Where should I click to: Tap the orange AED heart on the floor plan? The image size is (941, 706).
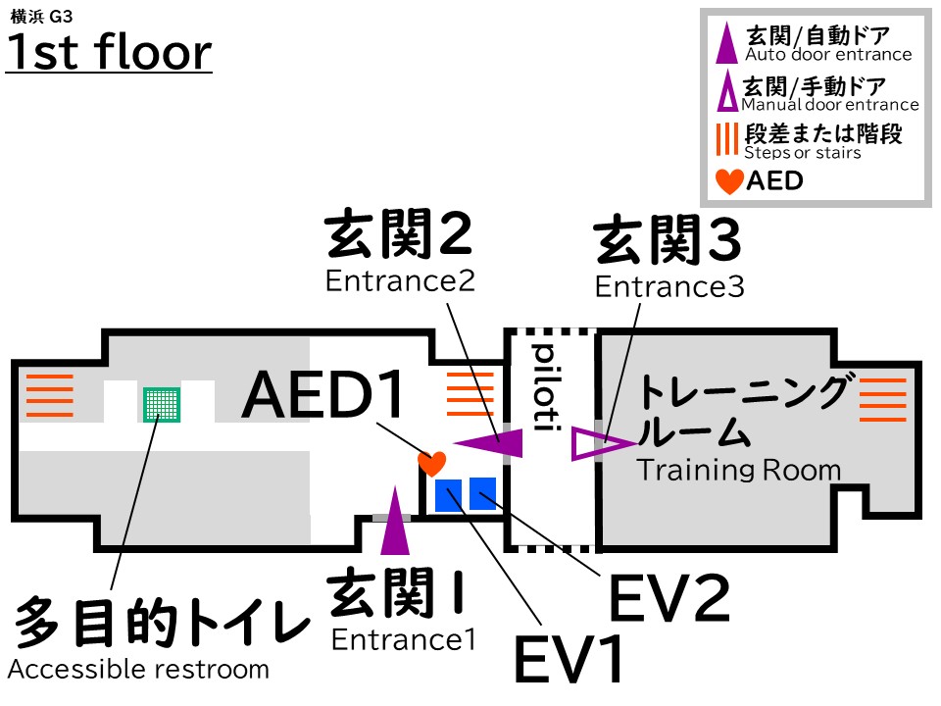point(431,462)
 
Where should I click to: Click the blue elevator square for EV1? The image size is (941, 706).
point(450,495)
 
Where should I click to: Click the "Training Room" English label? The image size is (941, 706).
point(739,470)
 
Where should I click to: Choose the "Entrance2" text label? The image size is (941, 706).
point(400,281)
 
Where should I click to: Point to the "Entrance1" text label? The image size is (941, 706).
point(403,640)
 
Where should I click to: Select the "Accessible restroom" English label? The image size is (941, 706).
point(138,670)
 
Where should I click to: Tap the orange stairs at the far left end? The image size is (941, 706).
point(48,395)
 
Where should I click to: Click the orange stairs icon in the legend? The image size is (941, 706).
point(726,140)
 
